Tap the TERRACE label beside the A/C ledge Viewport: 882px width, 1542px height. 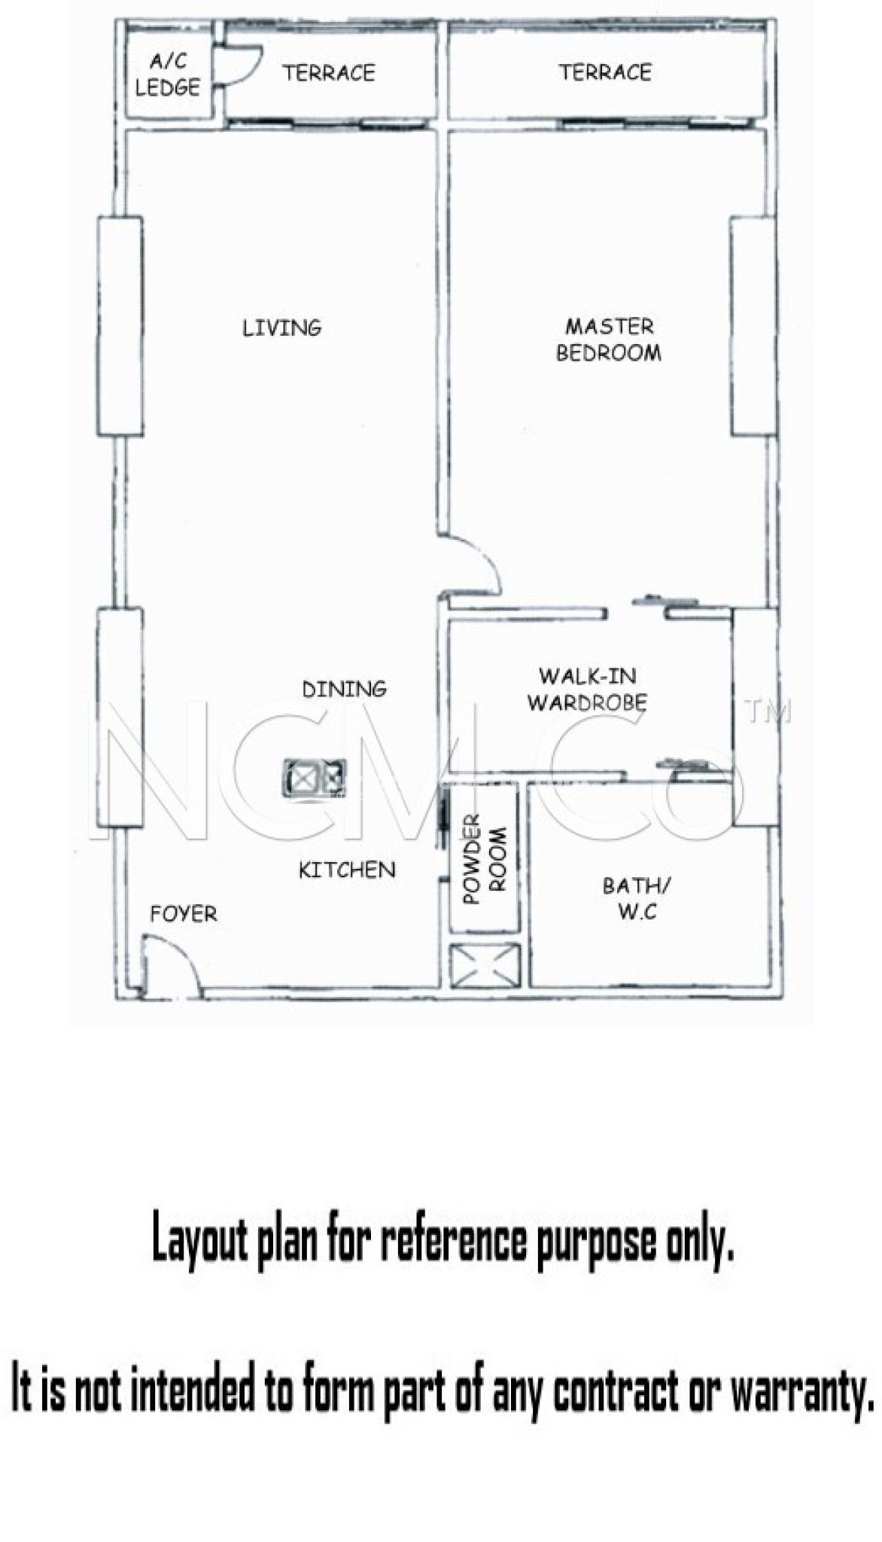(329, 73)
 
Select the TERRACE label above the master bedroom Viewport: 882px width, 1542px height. (605, 72)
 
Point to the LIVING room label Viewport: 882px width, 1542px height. (282, 328)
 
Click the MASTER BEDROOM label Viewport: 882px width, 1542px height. (609, 340)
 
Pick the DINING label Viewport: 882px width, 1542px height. (345, 689)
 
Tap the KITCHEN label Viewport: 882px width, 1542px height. (347, 870)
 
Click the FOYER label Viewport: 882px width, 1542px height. (184, 915)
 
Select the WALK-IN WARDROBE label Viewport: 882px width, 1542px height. (587, 689)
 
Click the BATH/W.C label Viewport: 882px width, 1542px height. (637, 898)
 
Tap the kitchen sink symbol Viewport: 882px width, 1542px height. (315, 777)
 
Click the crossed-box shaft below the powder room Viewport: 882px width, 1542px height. (485, 965)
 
